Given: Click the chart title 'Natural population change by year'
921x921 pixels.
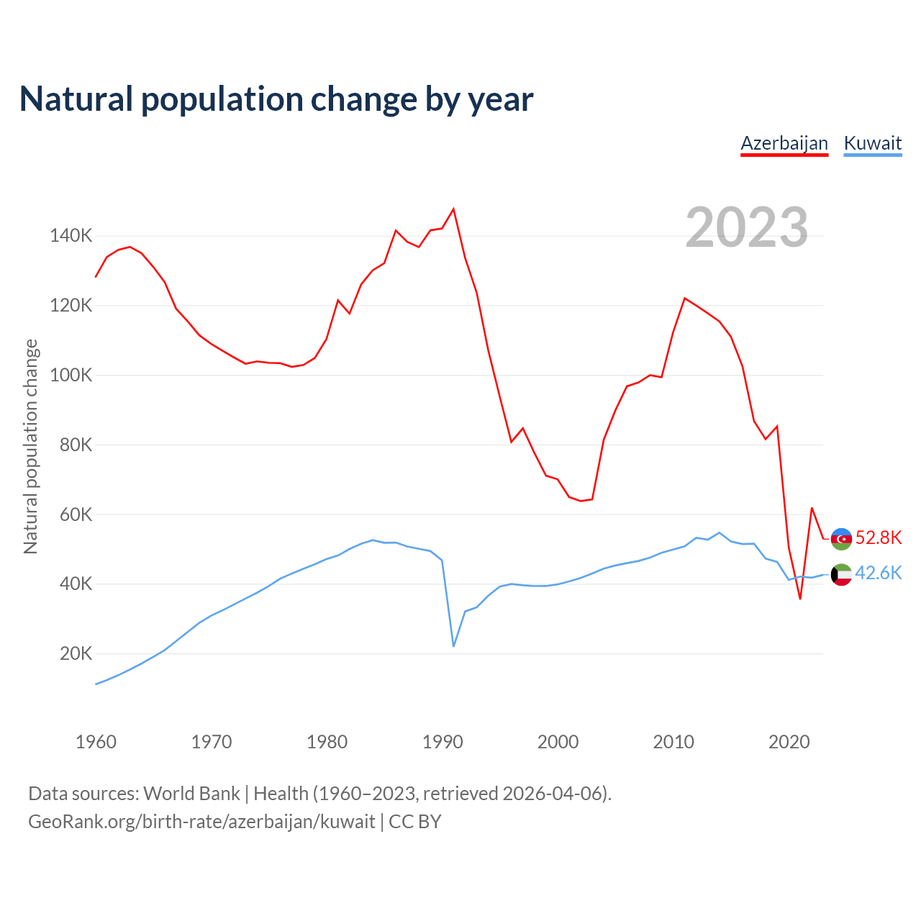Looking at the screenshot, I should pyautogui.click(x=276, y=99).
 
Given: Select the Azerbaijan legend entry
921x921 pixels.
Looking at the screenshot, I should pyautogui.click(x=784, y=143).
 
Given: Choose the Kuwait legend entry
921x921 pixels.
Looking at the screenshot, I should pyautogui.click(x=872, y=143).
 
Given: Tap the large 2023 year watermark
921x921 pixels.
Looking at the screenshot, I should pyautogui.click(x=746, y=227).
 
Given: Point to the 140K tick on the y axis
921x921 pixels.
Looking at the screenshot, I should pyautogui.click(x=71, y=235).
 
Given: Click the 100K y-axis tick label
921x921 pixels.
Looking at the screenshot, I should pyautogui.click(x=71, y=375).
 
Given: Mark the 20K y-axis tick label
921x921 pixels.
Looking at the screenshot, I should pyautogui.click(x=76, y=654).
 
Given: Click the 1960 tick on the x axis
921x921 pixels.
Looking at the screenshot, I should pyautogui.click(x=96, y=742).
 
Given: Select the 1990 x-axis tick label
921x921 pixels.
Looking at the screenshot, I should pyautogui.click(x=443, y=742).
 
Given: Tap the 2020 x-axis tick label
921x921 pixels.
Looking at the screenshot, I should pyautogui.click(x=789, y=742).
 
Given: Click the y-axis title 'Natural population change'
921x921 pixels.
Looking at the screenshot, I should pyautogui.click(x=31, y=446).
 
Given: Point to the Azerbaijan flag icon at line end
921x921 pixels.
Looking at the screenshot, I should pyautogui.click(x=841, y=538).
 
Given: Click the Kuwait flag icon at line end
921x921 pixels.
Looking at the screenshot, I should pyautogui.click(x=841, y=574).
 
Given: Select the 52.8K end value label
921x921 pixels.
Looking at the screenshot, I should pyautogui.click(x=879, y=538).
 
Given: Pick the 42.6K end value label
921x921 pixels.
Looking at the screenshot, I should pyautogui.click(x=879, y=573).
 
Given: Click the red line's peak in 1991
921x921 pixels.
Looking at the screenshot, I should pyautogui.click(x=453, y=209).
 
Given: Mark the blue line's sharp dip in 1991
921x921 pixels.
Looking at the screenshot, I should pyautogui.click(x=453, y=646).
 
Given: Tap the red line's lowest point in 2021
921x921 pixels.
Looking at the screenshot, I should pyautogui.click(x=800, y=599).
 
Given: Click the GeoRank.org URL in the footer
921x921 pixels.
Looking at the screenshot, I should pyautogui.click(x=201, y=822).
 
